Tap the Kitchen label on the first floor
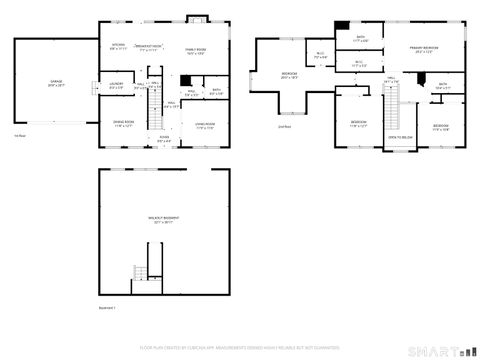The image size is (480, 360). (118, 46)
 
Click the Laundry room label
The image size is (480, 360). (115, 85)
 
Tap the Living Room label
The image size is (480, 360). (203, 125)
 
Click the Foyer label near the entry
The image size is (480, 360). (163, 139)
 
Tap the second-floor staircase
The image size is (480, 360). (397, 100)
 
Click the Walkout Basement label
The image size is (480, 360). (165, 219)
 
